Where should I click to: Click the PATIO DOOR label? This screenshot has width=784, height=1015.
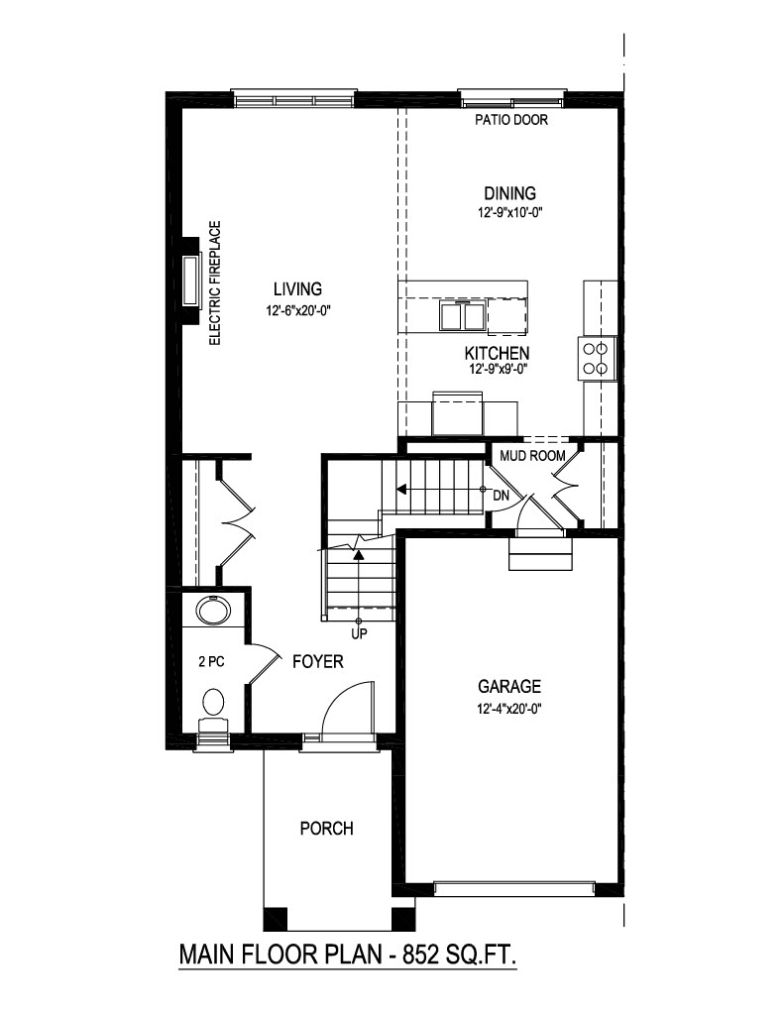coord(510,122)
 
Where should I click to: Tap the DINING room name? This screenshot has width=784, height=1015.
coord(509,193)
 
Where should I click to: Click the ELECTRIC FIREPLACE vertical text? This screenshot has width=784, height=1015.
coord(214,282)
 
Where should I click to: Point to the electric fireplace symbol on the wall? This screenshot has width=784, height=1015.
coord(190,282)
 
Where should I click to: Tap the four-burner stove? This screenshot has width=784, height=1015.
coord(598,358)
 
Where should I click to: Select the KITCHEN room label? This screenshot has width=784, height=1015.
coord(498,353)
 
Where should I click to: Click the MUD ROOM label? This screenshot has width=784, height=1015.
coord(532,456)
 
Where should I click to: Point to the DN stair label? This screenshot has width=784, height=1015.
coord(501,493)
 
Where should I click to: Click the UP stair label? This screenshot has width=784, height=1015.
coord(359,633)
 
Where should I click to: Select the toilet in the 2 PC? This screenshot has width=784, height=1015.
coord(213,706)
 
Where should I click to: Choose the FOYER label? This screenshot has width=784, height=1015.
coord(317,661)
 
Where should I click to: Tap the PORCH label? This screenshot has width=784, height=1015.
coord(326,828)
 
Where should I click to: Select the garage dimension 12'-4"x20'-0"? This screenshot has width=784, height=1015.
coord(508,708)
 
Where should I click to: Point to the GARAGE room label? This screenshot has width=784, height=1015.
coord(509,686)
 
